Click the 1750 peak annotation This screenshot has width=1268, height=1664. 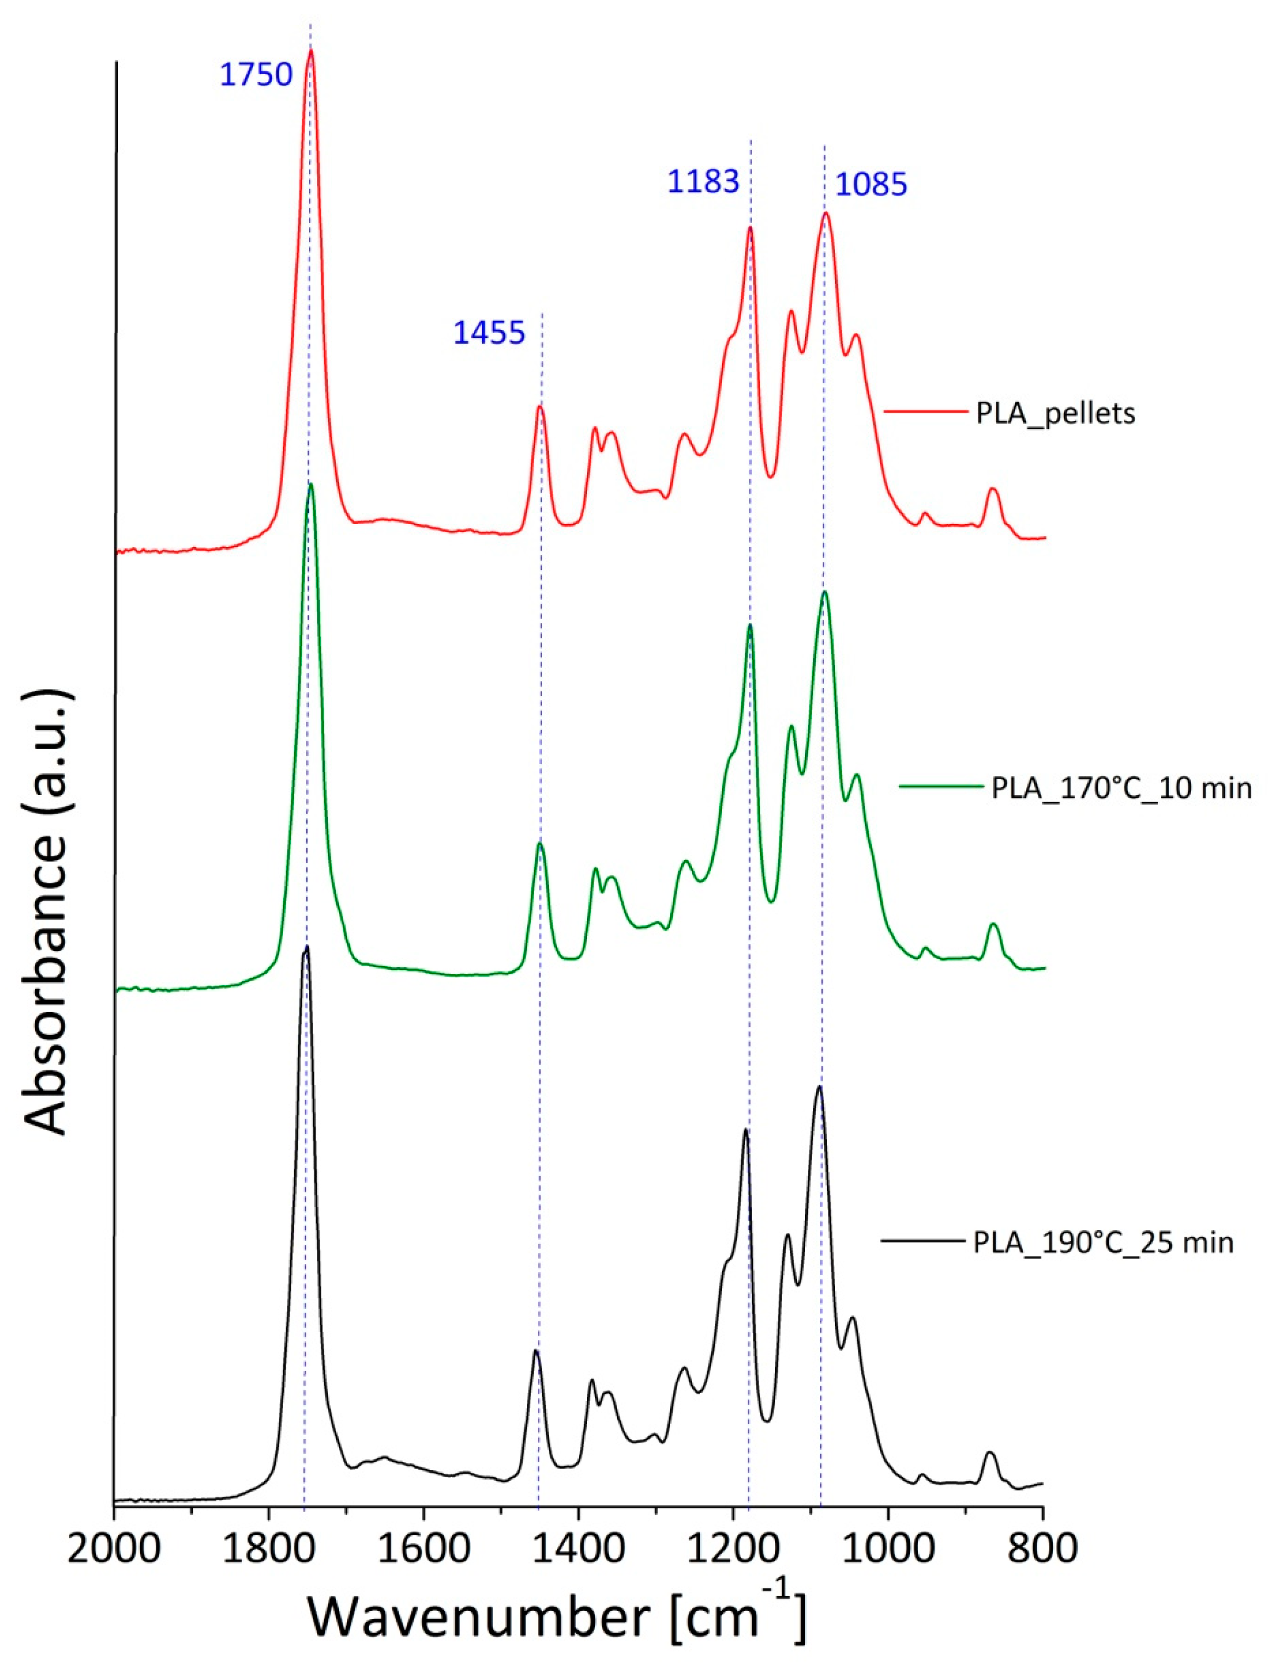[x=256, y=75]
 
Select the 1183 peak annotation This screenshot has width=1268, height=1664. [x=703, y=182]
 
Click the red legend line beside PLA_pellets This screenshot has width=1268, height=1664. [x=925, y=413]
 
